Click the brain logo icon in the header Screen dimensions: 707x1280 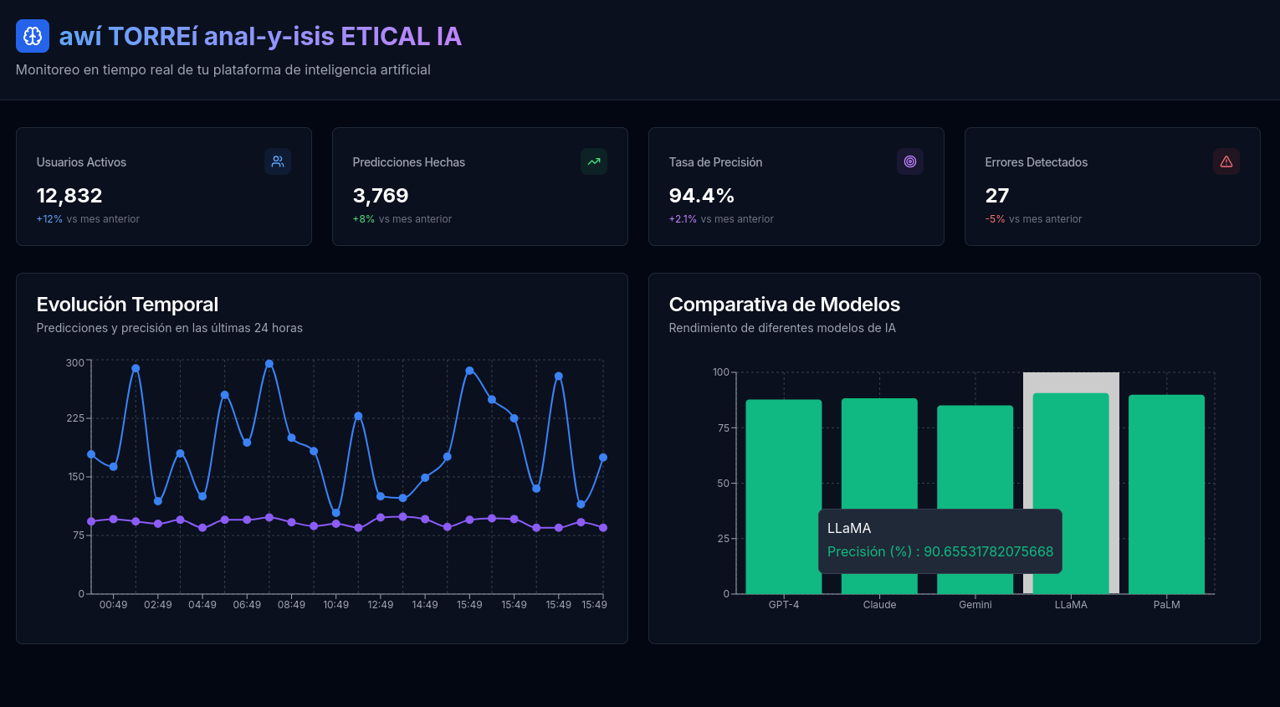tap(33, 36)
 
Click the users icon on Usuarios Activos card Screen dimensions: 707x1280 tap(278, 161)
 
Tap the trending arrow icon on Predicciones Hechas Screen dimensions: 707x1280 tap(594, 161)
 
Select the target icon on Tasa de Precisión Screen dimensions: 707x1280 tap(910, 161)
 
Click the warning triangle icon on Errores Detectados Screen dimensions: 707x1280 tap(1226, 161)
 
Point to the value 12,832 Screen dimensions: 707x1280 tap(69, 196)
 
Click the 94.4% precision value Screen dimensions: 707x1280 tap(701, 196)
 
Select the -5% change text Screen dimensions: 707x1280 tap(995, 219)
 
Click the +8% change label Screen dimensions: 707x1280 tap(363, 219)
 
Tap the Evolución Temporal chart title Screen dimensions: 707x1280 tap(127, 305)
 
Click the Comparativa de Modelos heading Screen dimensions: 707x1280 tap(784, 305)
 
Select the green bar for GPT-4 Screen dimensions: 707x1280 tap(783, 469)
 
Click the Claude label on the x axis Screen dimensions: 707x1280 tap(879, 605)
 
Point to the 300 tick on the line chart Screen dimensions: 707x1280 tap(74, 363)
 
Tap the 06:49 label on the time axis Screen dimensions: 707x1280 tap(247, 605)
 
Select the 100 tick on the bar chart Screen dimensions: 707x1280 tap(720, 372)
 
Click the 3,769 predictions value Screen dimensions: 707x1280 tap(381, 196)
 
